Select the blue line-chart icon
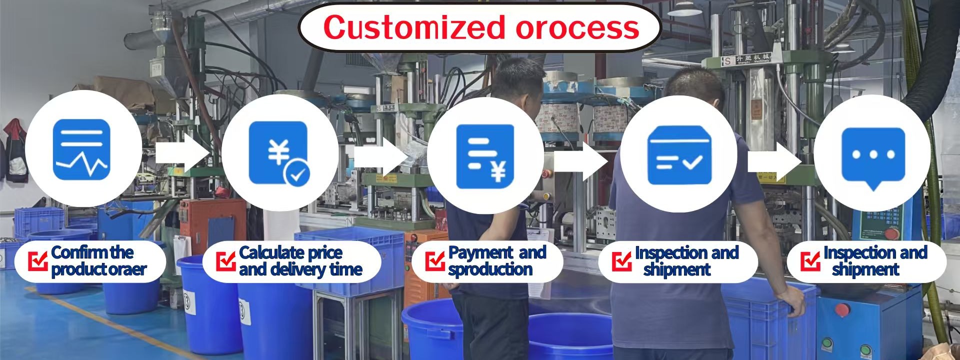(81, 149)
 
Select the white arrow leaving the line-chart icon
(181, 152)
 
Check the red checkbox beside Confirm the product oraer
(38, 260)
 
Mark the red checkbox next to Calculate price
(225, 260)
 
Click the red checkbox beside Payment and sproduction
(434, 260)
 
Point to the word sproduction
(490, 270)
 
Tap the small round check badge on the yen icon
(297, 174)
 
